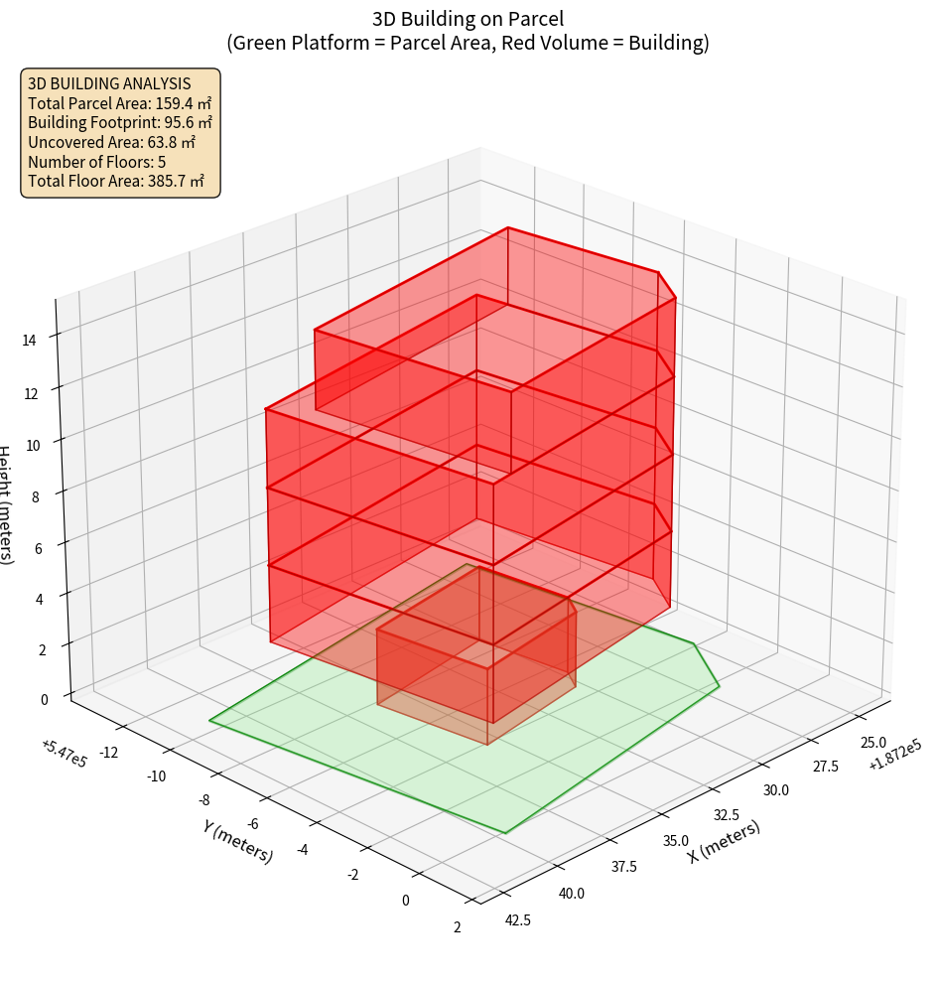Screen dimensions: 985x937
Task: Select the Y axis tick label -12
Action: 108,753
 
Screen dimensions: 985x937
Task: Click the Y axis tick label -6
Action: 253,825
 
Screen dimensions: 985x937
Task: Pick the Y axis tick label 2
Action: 457,927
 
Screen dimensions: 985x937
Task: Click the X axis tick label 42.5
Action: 518,920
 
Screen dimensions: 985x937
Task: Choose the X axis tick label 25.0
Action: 873,743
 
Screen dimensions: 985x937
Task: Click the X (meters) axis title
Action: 725,841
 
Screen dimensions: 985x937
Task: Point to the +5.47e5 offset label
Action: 65,754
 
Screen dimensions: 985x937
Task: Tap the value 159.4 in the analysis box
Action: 174,103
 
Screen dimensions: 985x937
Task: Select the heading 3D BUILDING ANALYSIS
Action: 109,83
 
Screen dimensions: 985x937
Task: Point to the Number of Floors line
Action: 97,162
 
